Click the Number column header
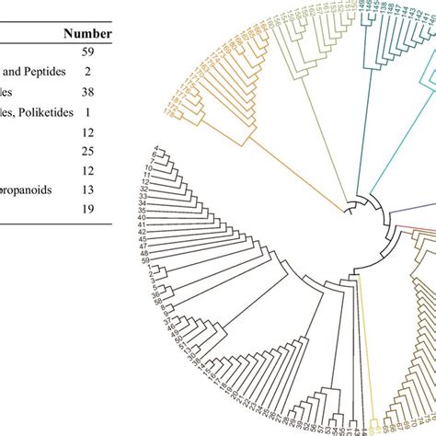[x=86, y=34]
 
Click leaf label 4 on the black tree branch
[x=156, y=148]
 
